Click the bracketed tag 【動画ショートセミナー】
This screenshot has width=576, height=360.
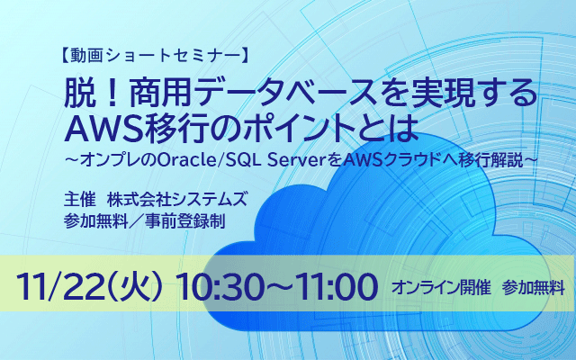tap(154, 56)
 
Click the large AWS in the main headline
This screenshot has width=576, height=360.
tap(103, 130)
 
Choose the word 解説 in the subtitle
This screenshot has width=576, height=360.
tap(508, 160)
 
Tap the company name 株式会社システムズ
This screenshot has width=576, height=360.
tap(177, 200)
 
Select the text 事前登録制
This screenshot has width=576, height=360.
tap(184, 221)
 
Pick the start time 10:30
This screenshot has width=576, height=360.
tap(223, 287)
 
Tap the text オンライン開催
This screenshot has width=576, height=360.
tap(441, 288)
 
